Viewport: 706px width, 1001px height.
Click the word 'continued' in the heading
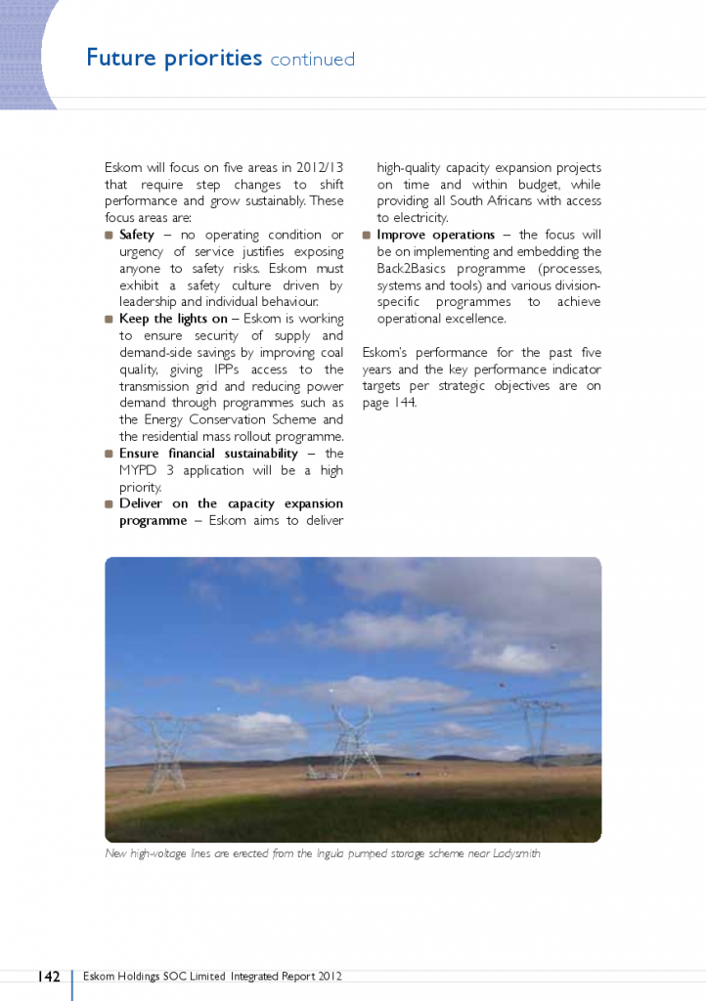pos(312,60)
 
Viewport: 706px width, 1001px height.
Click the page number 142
pos(49,976)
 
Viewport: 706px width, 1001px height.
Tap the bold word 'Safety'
pos(137,235)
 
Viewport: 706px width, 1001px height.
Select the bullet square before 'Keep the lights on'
pos(109,319)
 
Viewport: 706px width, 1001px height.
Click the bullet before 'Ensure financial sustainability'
pos(109,454)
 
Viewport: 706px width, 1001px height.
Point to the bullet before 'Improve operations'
pos(367,235)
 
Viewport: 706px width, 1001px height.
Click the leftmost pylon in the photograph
pos(166,753)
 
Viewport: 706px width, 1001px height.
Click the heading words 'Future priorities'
pos(174,58)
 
